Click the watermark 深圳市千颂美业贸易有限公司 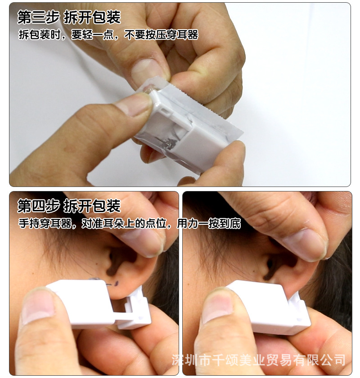pyautogui.click(x=259, y=360)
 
